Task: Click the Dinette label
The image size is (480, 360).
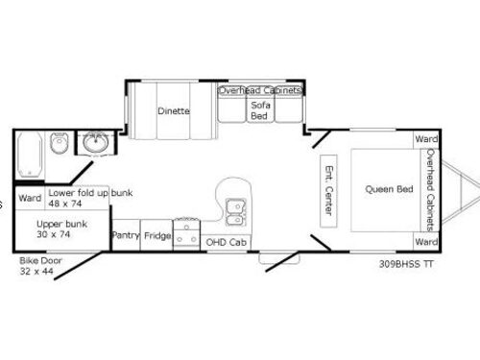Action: (174, 110)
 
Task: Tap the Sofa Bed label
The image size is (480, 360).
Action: (259, 109)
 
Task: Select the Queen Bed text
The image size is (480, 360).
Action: (389, 189)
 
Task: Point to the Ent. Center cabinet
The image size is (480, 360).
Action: (327, 189)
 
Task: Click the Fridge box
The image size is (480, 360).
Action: (157, 234)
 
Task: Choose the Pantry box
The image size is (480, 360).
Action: (126, 234)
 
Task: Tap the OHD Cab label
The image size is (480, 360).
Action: (226, 242)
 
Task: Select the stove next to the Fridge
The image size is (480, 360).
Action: (186, 234)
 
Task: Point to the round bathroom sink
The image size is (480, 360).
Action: (95, 145)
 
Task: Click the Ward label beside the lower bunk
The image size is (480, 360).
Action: (30, 198)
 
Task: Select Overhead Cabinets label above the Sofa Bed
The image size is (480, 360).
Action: (260, 90)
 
